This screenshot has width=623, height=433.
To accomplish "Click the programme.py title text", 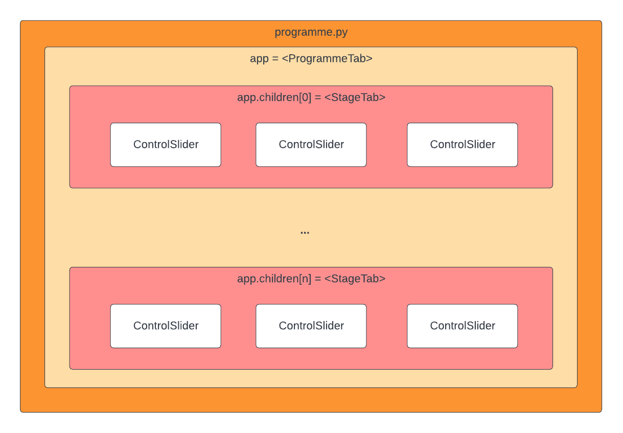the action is click(311, 32).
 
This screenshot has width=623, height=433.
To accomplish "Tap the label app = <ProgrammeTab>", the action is click(311, 58).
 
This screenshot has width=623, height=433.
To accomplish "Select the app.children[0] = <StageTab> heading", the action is click(311, 98).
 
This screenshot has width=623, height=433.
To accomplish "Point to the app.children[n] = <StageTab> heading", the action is click(311, 279).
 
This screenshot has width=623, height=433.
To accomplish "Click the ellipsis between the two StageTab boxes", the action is click(305, 233).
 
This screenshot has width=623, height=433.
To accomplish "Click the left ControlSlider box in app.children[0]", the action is click(166, 145).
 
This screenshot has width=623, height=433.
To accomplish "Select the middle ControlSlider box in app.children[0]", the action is click(311, 145).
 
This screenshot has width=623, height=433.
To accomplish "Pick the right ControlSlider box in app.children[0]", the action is click(462, 145).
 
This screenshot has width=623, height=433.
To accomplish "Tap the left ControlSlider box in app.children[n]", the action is click(166, 326).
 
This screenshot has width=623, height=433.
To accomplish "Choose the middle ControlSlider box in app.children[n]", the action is click(311, 326).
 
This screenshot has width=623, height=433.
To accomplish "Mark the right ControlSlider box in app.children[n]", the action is click(462, 326).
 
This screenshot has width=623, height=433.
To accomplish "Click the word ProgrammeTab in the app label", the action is click(327, 58).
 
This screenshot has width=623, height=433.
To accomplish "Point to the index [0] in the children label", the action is click(305, 98).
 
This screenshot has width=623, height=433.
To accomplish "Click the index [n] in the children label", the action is click(305, 279).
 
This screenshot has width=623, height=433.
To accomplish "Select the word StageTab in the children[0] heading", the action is click(355, 98).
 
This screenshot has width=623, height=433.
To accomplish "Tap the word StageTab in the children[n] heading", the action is click(355, 279).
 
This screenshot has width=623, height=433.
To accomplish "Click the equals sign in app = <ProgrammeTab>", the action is click(275, 59).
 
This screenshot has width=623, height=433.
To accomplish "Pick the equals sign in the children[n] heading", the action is click(317, 279).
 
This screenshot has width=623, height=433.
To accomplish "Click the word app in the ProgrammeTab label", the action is click(259, 59).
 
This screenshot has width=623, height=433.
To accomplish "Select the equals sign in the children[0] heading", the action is click(317, 98).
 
